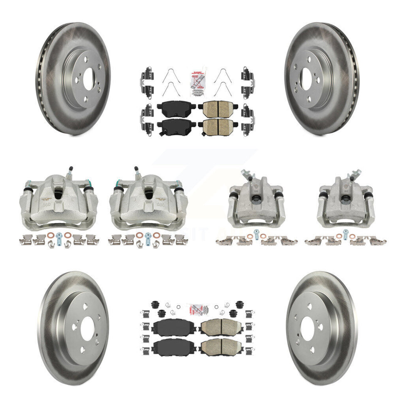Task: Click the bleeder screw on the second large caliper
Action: [136, 172]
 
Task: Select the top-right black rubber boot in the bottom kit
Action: [239, 304]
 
